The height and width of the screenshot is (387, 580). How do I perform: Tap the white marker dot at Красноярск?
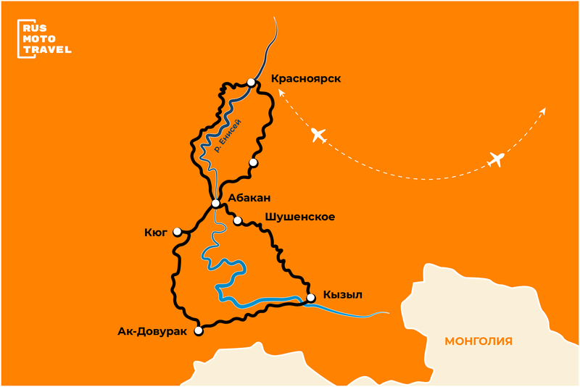(x=251, y=83)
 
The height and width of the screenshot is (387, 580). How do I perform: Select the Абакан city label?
(x=250, y=197)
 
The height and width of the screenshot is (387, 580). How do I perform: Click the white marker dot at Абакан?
(x=215, y=204)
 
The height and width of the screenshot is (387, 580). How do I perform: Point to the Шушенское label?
(x=300, y=216)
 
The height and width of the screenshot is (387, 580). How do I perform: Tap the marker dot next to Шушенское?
(x=237, y=220)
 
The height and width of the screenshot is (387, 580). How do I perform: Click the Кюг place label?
(x=156, y=233)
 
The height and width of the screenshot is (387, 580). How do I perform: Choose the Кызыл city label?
(x=343, y=294)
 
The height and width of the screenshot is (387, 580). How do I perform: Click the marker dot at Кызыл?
(x=311, y=297)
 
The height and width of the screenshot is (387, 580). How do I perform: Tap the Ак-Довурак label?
(x=152, y=332)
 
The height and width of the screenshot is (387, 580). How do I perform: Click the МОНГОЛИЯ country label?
(x=478, y=341)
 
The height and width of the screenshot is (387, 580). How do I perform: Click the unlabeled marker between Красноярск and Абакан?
(x=253, y=162)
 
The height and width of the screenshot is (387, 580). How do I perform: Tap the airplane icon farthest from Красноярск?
(x=497, y=159)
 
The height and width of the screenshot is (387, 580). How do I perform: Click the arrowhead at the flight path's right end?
(x=544, y=110)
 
